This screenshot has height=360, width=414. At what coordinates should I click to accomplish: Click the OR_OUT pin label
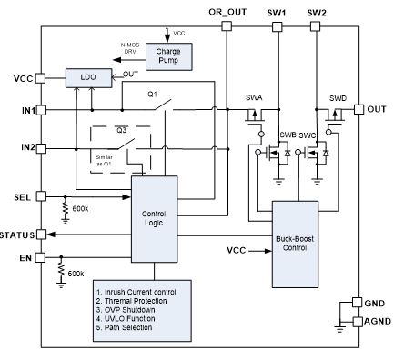[x=227, y=11]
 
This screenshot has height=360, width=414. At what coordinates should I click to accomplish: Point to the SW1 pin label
[x=278, y=11]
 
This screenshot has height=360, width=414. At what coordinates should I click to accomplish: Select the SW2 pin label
[x=317, y=11]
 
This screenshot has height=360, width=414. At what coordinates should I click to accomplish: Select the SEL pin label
[x=24, y=196]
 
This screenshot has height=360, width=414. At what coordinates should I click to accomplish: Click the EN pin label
[x=25, y=259]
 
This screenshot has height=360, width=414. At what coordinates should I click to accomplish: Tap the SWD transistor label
[x=338, y=97]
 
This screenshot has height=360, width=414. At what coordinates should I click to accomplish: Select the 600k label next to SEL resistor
[x=80, y=209]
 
